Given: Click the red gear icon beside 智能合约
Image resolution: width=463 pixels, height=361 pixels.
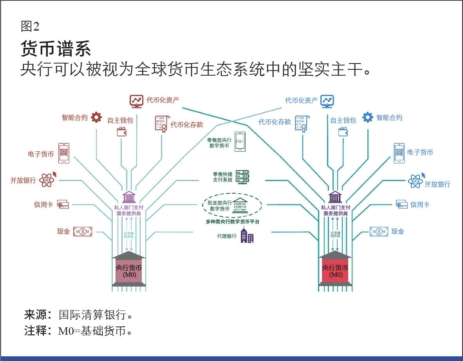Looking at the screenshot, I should [x=96, y=117].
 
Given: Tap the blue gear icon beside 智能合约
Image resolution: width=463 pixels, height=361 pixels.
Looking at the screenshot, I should [x=367, y=117].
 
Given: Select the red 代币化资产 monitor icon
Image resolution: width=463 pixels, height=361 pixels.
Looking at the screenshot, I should [x=136, y=101].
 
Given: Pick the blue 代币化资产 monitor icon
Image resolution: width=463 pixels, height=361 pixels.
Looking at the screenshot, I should [x=327, y=101].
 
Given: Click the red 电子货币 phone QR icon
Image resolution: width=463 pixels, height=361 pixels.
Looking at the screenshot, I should [x=64, y=153].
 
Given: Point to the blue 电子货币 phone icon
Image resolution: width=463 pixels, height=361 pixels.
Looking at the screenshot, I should [x=399, y=153].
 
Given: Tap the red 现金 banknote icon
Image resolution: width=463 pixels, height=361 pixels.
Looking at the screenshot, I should [x=83, y=231].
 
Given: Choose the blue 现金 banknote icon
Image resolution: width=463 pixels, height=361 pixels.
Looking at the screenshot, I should [x=379, y=231].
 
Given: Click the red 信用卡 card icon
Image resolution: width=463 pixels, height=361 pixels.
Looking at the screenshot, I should [x=63, y=204].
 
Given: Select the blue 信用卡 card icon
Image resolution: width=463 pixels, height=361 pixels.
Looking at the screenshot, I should [x=402, y=204].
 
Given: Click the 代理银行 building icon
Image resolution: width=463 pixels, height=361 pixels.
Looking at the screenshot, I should [x=247, y=236].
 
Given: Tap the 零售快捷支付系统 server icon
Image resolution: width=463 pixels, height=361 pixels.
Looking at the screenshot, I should [x=242, y=177].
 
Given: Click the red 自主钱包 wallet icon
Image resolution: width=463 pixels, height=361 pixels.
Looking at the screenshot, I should [x=121, y=132].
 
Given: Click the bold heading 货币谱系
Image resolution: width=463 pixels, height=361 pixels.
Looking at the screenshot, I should [x=56, y=49].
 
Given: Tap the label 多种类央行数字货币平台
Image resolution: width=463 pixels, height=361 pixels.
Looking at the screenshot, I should [x=233, y=222].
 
